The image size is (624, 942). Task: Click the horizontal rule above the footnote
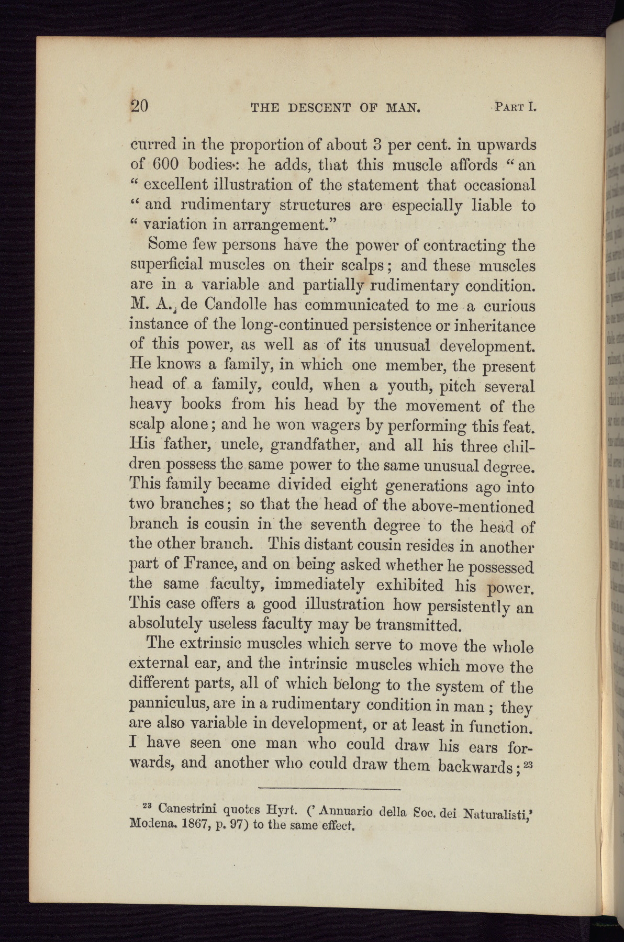click(x=329, y=788)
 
